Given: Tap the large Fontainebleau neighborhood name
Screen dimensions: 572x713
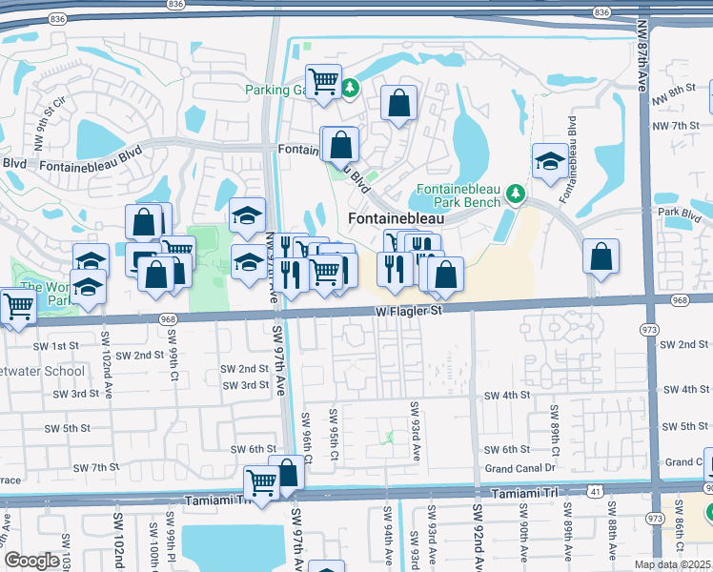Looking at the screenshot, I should tap(397, 218).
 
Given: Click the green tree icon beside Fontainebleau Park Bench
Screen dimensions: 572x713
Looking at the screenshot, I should tap(516, 194).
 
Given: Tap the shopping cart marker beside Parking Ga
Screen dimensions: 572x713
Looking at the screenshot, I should tap(323, 81).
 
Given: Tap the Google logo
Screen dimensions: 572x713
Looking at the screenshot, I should tap(31, 561).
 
